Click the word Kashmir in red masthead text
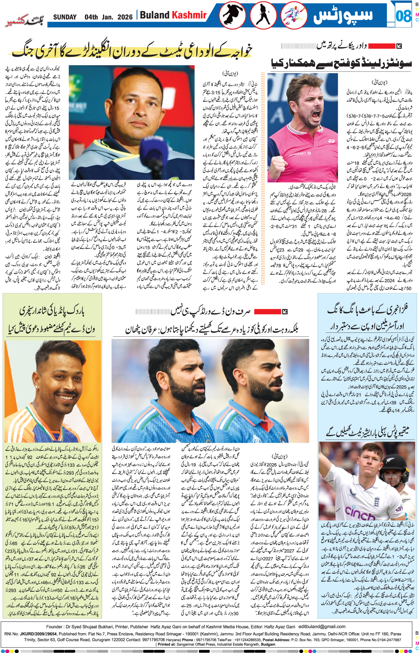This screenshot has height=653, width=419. click(189, 15)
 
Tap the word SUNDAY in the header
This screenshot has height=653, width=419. click(65, 17)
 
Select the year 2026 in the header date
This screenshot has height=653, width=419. click(125, 17)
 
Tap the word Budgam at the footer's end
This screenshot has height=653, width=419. click(268, 644)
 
